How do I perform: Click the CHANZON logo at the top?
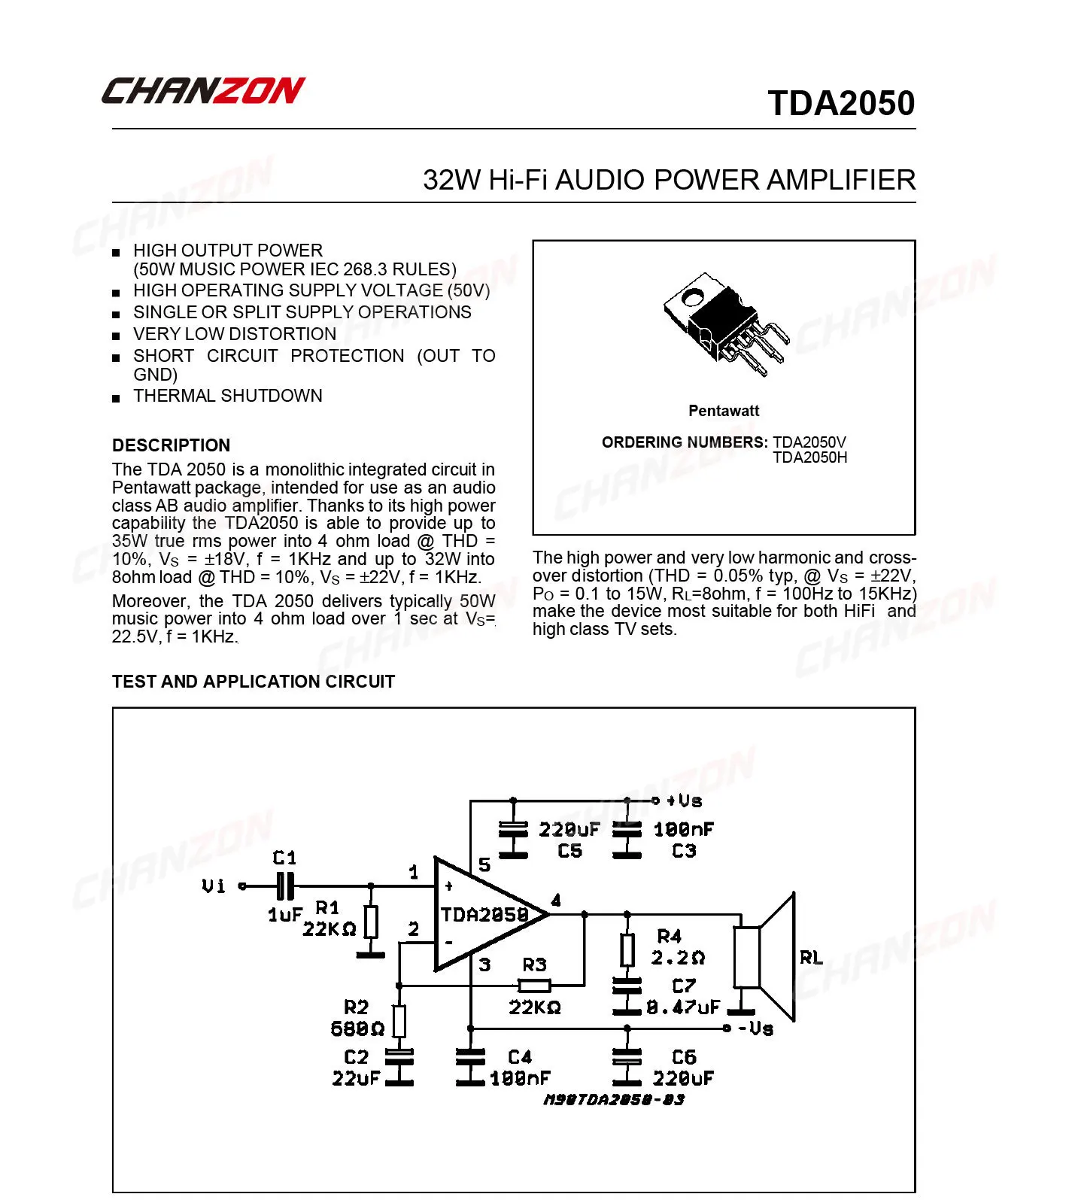click(x=203, y=90)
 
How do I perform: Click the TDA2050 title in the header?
click(x=840, y=104)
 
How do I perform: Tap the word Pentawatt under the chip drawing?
click(x=724, y=411)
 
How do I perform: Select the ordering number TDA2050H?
click(x=809, y=457)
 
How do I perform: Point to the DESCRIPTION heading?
click(x=171, y=445)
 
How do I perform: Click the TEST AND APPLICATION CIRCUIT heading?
click(x=253, y=682)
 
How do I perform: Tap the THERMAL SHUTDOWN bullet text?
click(x=227, y=396)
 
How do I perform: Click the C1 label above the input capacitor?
click(x=284, y=858)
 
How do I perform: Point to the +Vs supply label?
click(x=684, y=801)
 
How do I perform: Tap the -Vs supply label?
click(x=755, y=1028)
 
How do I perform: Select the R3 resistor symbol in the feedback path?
click(x=535, y=985)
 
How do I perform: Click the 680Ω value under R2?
click(x=357, y=1028)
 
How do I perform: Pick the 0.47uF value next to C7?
click(x=683, y=1007)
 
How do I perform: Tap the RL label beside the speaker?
click(x=811, y=958)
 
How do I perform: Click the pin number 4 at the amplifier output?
click(x=556, y=901)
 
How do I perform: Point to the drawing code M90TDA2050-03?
click(x=614, y=1100)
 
